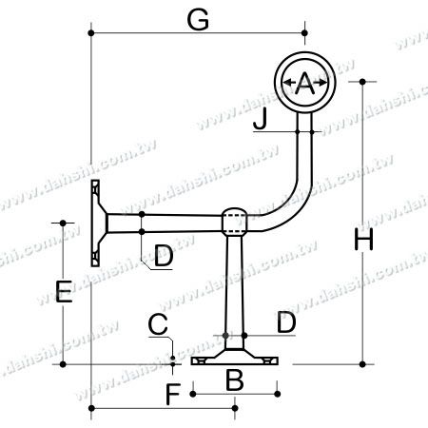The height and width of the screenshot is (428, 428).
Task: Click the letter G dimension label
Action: point(198,19)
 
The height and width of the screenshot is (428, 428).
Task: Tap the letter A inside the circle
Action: point(304,85)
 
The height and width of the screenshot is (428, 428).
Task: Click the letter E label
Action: point(63,292)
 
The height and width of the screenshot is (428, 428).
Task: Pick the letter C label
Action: point(157,325)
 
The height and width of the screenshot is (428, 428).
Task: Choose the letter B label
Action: point(233,380)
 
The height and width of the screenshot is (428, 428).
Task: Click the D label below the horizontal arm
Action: point(163,255)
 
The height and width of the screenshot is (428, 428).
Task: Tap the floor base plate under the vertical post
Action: point(234,360)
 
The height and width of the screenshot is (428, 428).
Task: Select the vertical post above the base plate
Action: point(234,285)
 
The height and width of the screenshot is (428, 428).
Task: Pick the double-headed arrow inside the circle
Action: point(304,85)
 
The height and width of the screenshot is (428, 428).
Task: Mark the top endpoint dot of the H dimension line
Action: point(362,83)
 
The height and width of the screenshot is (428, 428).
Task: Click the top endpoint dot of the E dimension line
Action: point(63,223)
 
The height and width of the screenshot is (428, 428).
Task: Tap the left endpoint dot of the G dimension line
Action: point(91,34)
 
